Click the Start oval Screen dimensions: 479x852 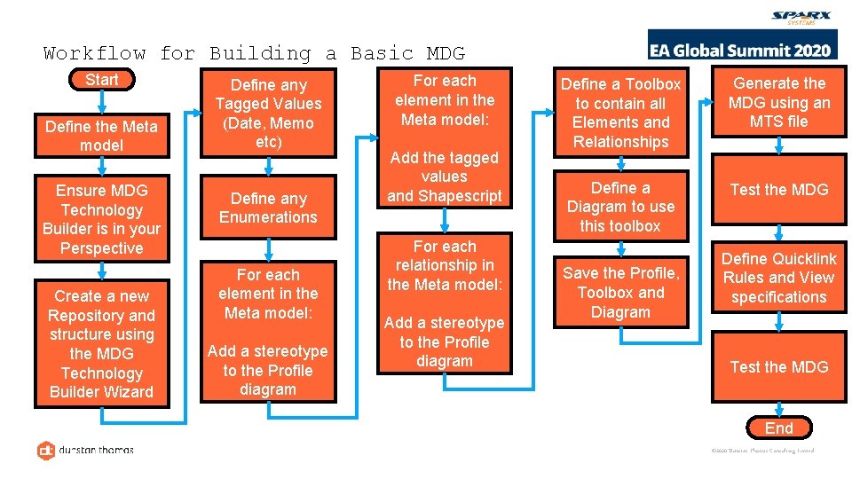[102, 80]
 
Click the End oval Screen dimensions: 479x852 [778, 428]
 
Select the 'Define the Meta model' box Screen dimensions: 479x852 [102, 136]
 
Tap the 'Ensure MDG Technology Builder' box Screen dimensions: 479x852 [102, 219]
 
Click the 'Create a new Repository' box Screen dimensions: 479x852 [102, 343]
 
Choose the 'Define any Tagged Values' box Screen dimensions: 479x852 [268, 114]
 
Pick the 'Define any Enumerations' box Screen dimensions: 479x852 [268, 208]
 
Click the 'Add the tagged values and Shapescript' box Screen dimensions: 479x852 [445, 177]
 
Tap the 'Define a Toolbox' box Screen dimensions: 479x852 [620, 113]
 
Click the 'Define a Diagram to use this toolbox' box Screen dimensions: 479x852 [620, 207]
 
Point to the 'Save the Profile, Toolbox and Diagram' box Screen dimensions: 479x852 [620, 293]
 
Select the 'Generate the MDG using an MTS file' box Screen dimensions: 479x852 [778, 103]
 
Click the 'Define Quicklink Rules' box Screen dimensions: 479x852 [778, 278]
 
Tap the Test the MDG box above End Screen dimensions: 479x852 [778, 367]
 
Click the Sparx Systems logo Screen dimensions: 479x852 [800, 18]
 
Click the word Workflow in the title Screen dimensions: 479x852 [95, 53]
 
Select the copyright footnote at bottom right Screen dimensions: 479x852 [762, 451]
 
